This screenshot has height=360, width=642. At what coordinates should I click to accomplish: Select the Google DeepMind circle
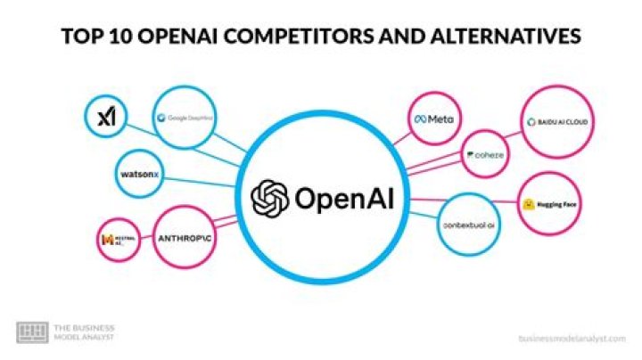pyautogui.click(x=185, y=117)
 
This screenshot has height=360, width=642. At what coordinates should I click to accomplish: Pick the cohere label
pyautogui.click(x=489, y=155)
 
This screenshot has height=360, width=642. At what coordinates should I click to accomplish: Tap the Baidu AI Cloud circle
pyautogui.click(x=556, y=121)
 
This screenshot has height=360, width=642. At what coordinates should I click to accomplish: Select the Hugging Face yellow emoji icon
pyautogui.click(x=528, y=204)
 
